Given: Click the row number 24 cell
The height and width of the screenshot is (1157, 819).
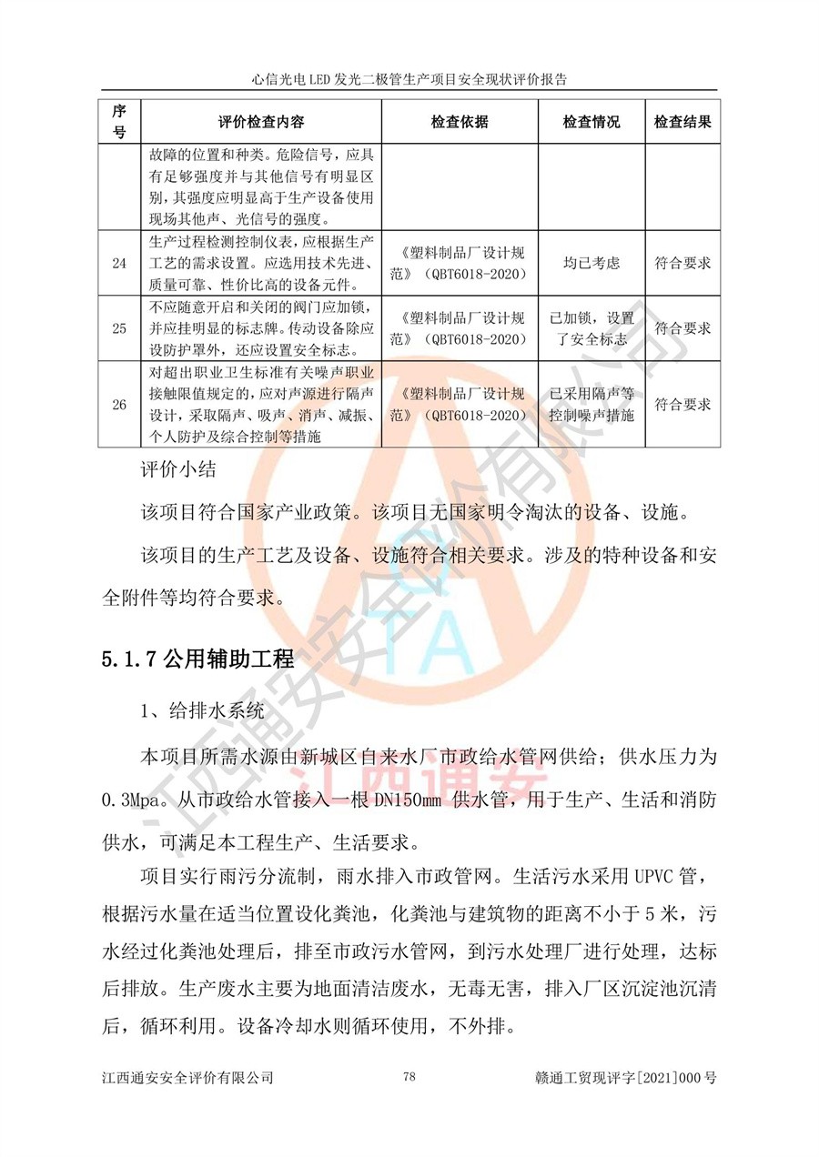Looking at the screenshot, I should (x=119, y=263).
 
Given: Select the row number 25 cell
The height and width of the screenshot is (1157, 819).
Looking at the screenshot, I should (x=119, y=328).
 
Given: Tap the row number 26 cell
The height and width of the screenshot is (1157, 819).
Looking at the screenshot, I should (x=119, y=405).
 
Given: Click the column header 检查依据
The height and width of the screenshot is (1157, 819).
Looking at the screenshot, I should (x=460, y=122).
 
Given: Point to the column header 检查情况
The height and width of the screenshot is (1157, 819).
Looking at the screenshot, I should (x=591, y=122).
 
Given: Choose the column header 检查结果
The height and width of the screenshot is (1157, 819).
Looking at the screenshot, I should (x=682, y=122).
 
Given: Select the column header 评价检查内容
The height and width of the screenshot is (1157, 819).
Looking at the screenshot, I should (x=261, y=122).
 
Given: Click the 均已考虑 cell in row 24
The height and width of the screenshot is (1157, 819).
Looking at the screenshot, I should (x=591, y=263).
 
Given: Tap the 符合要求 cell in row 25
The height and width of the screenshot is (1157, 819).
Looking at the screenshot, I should (x=682, y=328).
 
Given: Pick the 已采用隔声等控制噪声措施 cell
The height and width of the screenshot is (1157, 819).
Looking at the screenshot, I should (x=591, y=405).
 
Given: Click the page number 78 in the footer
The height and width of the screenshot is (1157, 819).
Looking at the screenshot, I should (x=409, y=1078).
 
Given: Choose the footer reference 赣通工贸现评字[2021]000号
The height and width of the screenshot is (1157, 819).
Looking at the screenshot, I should (x=628, y=1079).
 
